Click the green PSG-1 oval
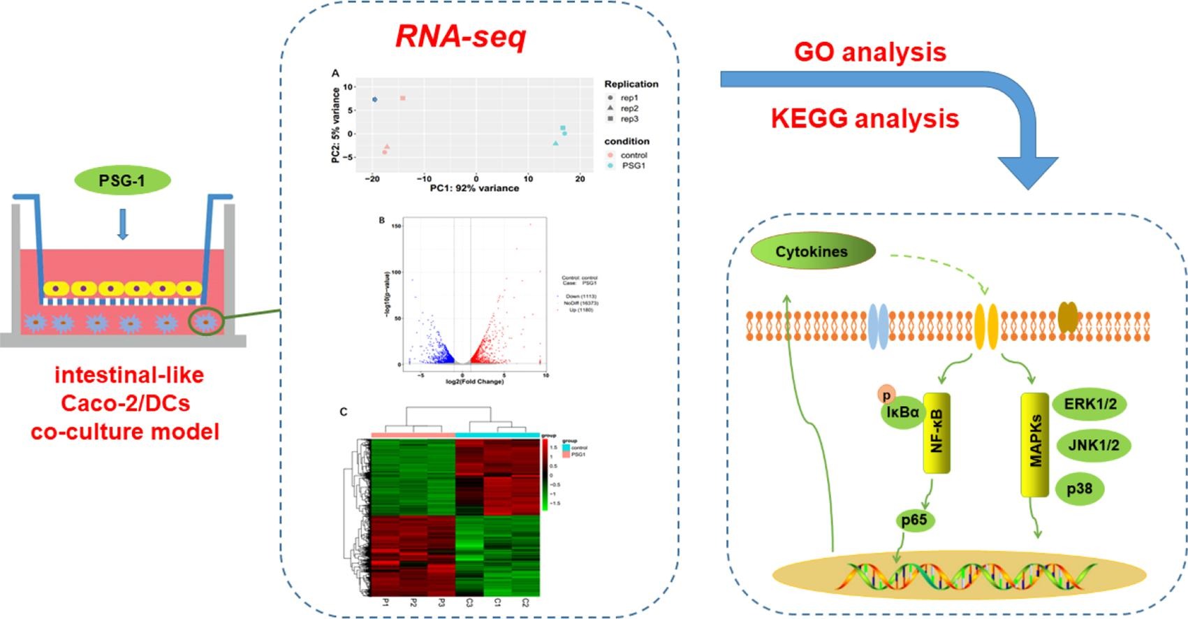click(x=122, y=180)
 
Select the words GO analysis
click(x=870, y=52)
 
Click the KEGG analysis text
click(x=865, y=118)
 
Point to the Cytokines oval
click(x=812, y=252)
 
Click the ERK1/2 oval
click(x=1090, y=404)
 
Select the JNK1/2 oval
click(x=1093, y=445)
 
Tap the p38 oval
click(x=1079, y=488)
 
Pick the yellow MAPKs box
click(x=1035, y=444)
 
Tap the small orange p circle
click(x=886, y=394)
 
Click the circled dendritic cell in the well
click(x=206, y=321)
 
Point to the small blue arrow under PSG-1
click(x=123, y=224)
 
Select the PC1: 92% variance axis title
click(x=474, y=188)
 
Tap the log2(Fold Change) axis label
click(x=474, y=381)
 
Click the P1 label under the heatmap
click(x=385, y=602)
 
